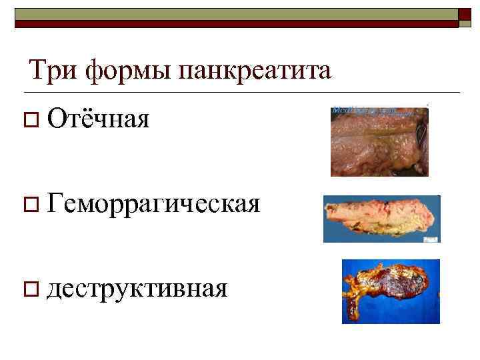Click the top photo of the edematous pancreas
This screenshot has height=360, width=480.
379,141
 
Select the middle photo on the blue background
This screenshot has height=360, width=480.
381,219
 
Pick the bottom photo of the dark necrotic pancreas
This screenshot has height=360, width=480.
391,291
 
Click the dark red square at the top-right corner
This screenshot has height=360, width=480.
465,18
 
